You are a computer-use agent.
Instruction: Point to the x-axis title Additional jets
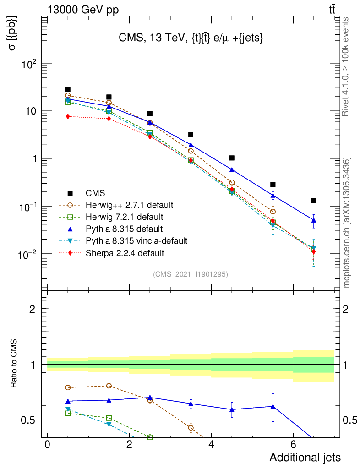tap(305, 457)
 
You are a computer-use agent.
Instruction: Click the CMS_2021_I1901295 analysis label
tap(191, 274)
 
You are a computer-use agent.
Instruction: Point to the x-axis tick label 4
tap(211, 445)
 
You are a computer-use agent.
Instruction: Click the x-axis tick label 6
tap(293, 445)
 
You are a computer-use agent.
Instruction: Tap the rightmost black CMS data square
tap(314, 201)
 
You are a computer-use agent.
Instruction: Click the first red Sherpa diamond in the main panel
tap(68, 116)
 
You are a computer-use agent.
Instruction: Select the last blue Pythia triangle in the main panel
tap(314, 220)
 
